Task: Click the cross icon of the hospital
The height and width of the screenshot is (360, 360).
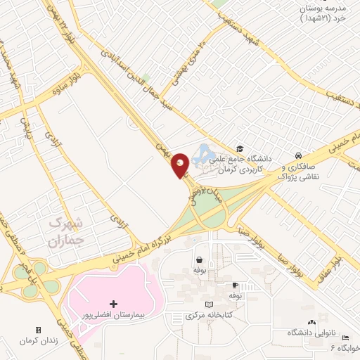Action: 114,304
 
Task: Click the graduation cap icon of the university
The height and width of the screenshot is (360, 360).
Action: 240,148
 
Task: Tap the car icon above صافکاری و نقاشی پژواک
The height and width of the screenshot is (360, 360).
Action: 299,155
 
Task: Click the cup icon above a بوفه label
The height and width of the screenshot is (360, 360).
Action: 236,285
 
